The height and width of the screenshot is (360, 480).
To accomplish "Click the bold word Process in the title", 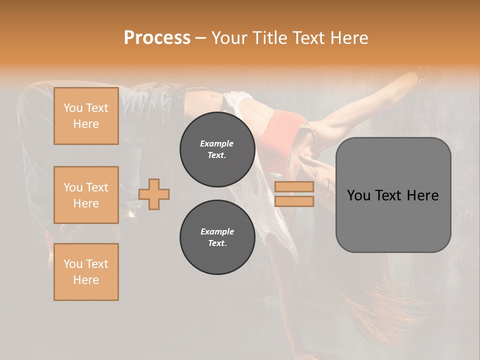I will (157, 38).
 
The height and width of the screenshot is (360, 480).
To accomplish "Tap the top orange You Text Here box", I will (86, 116).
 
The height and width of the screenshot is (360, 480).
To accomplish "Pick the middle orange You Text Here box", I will (86, 195).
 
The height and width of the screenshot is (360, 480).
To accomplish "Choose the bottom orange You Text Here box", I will (86, 272).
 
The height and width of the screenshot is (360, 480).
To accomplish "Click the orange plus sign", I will (154, 194).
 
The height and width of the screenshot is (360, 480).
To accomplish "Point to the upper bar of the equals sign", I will (294, 186).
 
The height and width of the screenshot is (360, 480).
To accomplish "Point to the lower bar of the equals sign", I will (294, 201).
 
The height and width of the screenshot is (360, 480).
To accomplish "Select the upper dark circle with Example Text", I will (217, 149).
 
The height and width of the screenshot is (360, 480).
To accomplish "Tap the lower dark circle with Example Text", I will (217, 237).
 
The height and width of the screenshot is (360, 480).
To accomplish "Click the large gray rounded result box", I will (393, 220).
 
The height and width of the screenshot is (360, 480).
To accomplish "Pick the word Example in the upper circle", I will (217, 143).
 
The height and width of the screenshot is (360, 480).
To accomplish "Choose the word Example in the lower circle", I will (217, 231).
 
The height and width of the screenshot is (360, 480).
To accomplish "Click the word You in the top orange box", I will (72, 108).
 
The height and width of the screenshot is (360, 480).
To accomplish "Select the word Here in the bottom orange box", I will (86, 280).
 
